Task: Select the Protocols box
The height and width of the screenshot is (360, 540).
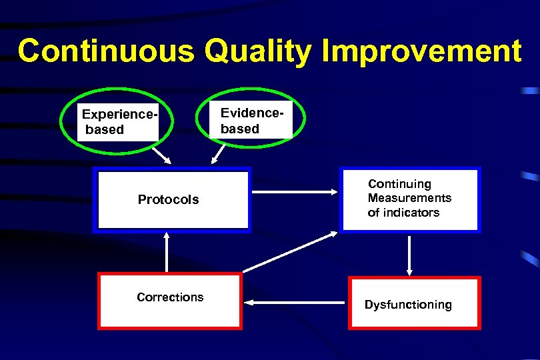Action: click(172, 199)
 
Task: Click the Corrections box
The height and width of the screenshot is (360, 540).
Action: click(169, 301)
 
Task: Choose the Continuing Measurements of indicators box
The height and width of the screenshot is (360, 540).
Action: click(410, 199)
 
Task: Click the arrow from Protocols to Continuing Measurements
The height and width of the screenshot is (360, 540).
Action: click(295, 192)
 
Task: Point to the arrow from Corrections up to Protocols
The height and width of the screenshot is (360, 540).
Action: click(166, 252)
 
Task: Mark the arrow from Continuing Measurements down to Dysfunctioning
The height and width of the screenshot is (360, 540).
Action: click(409, 255)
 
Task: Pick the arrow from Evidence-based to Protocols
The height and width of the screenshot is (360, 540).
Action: click(217, 153)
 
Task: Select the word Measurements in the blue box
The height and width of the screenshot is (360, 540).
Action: click(409, 198)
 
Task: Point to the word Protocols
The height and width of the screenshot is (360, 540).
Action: click(168, 200)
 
